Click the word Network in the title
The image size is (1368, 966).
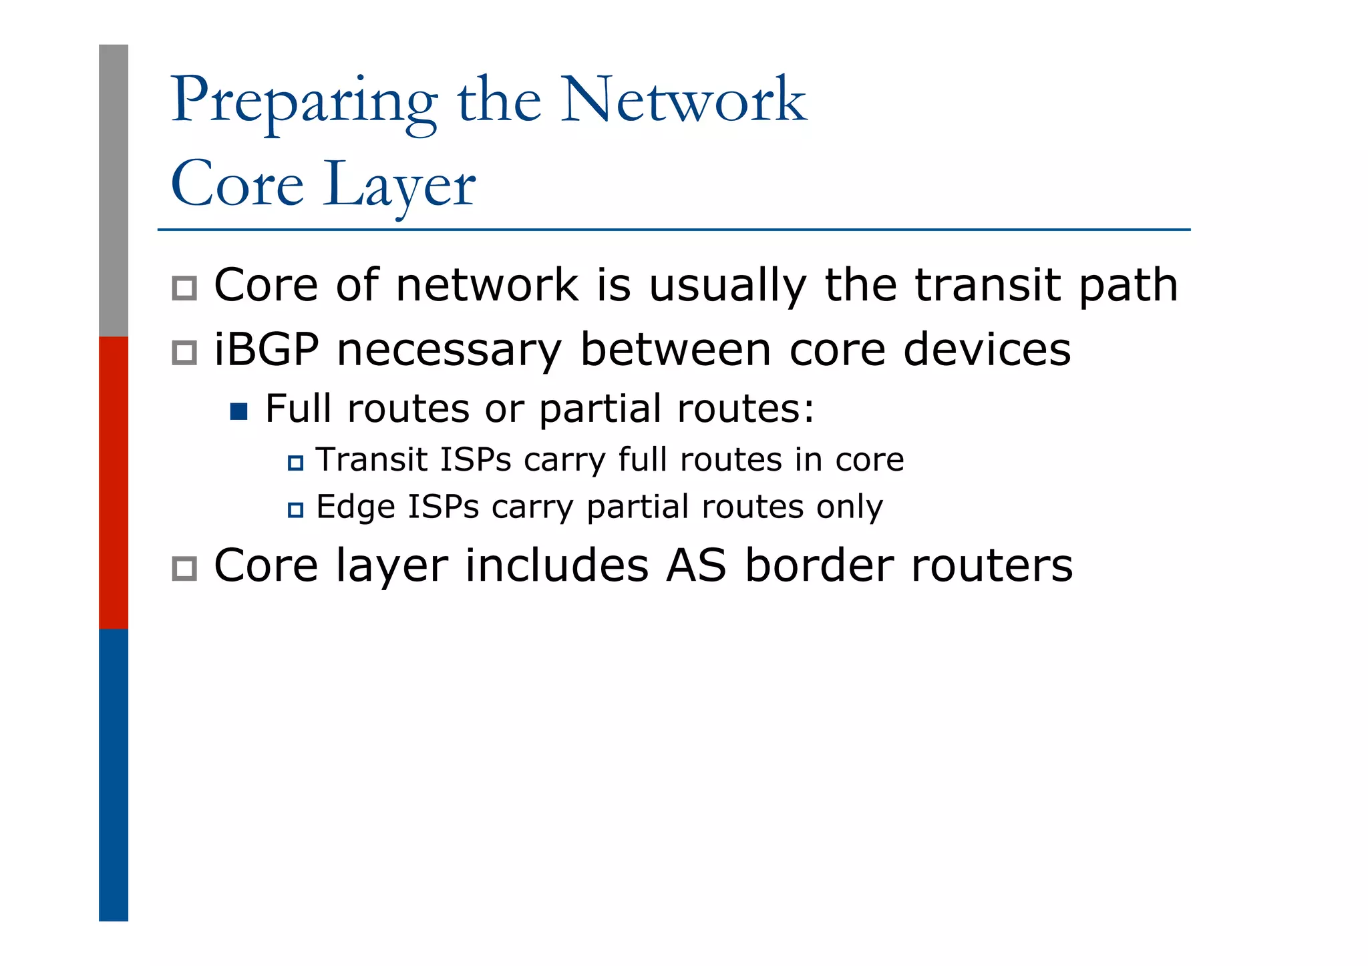coord(683,100)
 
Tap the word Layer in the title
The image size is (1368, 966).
coord(399,186)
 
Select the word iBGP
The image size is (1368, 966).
coord(266,350)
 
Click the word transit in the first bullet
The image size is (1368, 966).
coord(989,285)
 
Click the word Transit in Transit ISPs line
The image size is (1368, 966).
coord(371,460)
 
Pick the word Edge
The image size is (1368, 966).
coord(355,507)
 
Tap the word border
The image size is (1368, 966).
coord(818,565)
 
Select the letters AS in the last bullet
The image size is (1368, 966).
coord(695,565)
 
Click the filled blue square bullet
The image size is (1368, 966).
coord(238,411)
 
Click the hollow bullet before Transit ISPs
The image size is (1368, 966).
coord(295,463)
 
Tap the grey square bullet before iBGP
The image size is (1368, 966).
coord(184,352)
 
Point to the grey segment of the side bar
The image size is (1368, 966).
coord(114,190)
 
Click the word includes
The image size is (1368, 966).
coord(556,565)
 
